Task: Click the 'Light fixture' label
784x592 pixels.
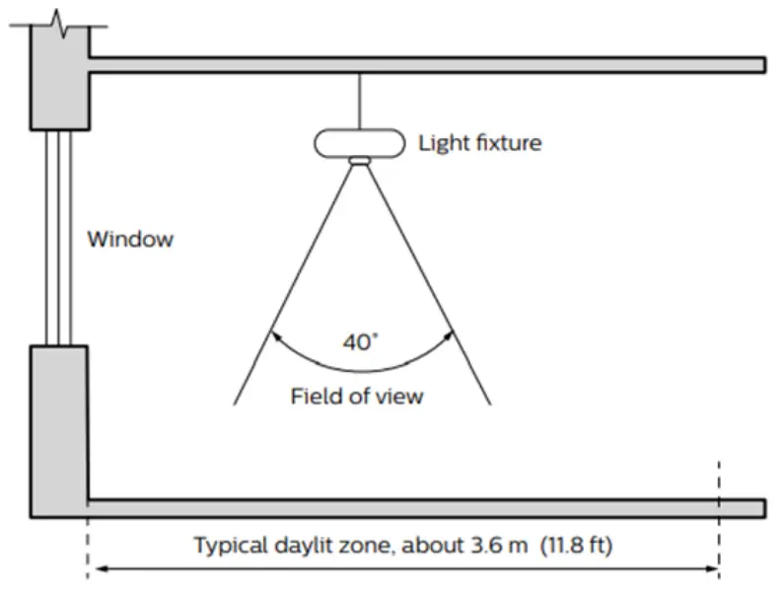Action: click(x=480, y=143)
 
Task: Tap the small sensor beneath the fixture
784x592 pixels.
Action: click(x=360, y=161)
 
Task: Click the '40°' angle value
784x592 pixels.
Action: click(x=360, y=343)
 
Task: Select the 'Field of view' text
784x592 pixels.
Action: click(x=356, y=397)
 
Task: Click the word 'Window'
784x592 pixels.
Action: click(x=130, y=239)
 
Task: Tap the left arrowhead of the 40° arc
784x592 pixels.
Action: click(x=275, y=336)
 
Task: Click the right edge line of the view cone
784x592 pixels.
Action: click(x=434, y=286)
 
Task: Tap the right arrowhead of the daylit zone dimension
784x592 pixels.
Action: click(x=711, y=568)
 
